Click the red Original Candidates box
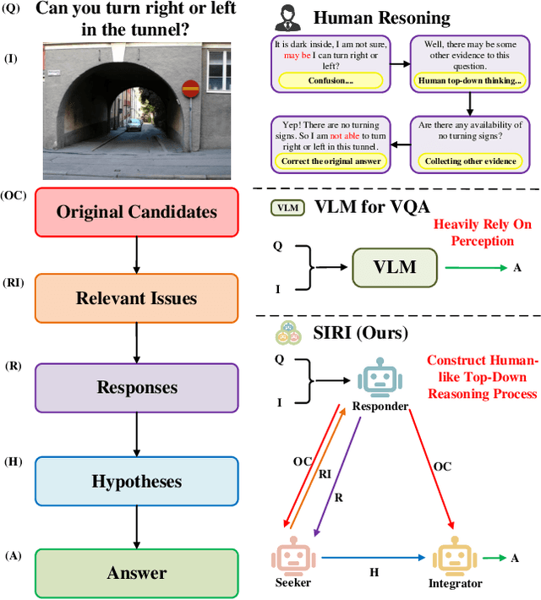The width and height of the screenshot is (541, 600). coord(136,211)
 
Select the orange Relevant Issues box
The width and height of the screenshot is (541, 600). coord(136,297)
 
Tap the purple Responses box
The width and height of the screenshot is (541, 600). coord(136,387)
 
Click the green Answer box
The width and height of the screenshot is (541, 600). coord(136,573)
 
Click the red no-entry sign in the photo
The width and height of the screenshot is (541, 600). coord(191,86)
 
